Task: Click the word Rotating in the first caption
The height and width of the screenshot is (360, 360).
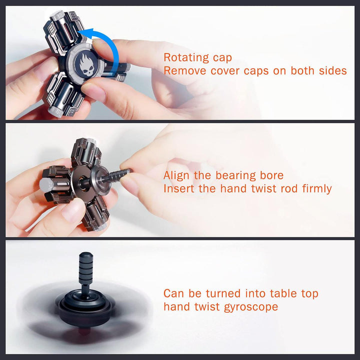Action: (x=186, y=57)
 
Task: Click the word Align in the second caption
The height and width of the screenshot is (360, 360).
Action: (x=176, y=175)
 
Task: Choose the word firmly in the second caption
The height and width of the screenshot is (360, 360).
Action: (x=317, y=188)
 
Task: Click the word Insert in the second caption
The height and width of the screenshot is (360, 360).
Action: (x=179, y=188)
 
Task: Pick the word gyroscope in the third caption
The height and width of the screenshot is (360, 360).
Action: (x=251, y=307)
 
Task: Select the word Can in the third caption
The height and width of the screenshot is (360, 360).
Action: (x=174, y=293)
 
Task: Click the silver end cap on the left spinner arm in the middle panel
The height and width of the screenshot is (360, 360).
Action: (x=46, y=185)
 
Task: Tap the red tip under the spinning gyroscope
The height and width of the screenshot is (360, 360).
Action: (x=84, y=331)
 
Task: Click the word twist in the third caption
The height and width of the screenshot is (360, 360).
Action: (x=207, y=307)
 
